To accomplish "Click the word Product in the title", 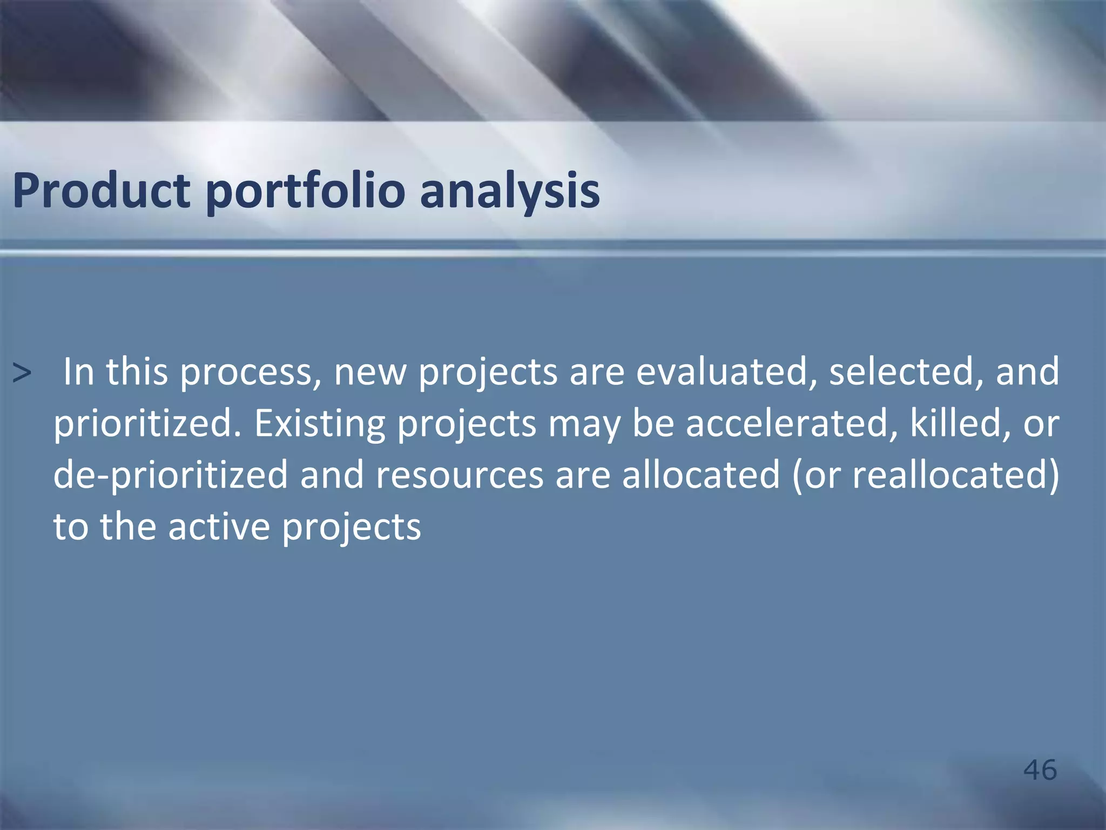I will tap(101, 190).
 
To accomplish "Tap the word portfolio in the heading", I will tap(305, 190).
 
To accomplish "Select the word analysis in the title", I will tap(510, 190).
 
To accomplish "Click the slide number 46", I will tap(1040, 769).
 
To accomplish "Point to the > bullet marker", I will tap(22, 373).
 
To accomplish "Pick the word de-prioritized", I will tap(170, 474).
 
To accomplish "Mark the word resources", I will tap(459, 474).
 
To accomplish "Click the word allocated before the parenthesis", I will tap(700, 474).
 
